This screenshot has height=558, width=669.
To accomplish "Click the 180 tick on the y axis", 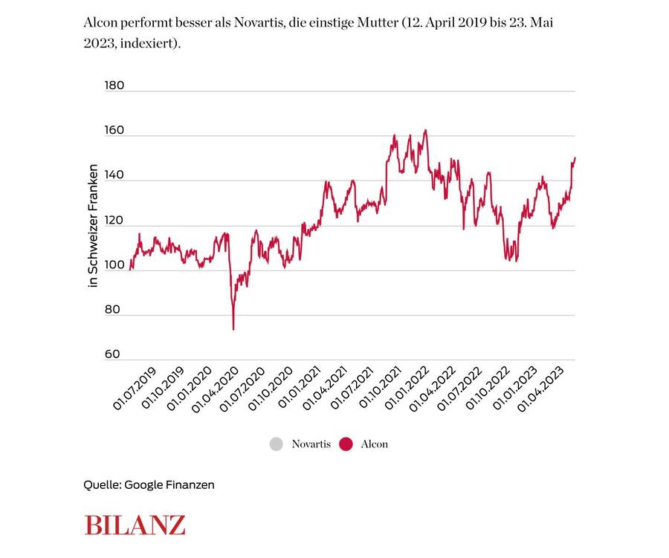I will pos(114,85).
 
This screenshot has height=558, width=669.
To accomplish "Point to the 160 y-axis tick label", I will pos(114,131).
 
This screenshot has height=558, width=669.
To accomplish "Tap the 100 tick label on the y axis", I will pos(114,265).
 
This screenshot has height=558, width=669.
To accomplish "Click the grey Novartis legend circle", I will pos(277,444).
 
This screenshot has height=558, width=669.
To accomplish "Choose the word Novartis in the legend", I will pos(311,444).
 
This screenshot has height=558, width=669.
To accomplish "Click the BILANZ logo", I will pos(135,524).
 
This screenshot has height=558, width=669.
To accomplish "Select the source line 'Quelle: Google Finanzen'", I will pos(149,484).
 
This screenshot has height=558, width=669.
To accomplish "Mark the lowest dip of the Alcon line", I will pos(233,329).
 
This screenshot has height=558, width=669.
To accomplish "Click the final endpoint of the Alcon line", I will pos(575,158).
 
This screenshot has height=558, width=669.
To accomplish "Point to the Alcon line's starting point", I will pos(130,269).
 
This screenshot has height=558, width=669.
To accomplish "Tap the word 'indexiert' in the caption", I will pos(152,44).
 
